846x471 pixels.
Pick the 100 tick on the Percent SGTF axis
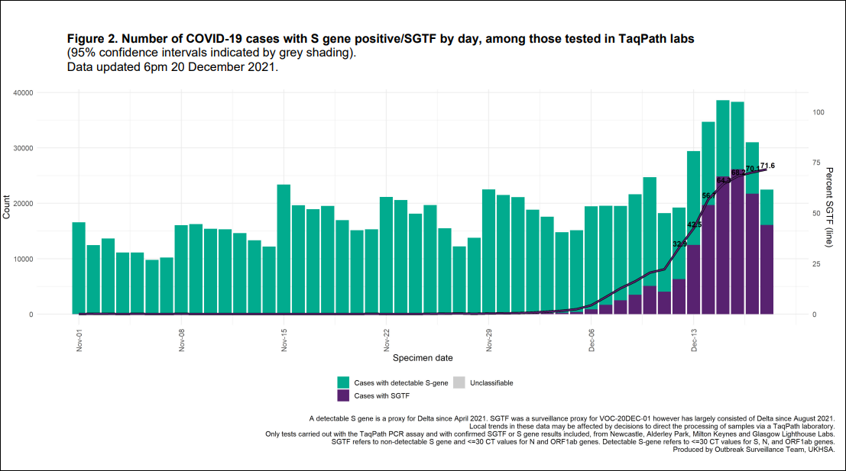(818, 112)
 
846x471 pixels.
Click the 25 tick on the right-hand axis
(817, 264)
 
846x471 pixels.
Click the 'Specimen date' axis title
(422, 357)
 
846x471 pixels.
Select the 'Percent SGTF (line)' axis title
(828, 203)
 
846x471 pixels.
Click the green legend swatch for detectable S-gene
(344, 382)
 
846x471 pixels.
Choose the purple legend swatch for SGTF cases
(344, 396)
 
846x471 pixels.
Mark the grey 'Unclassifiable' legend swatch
(459, 382)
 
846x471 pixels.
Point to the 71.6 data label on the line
(768, 166)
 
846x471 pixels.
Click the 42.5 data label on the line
(695, 225)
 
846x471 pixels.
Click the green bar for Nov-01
(79, 268)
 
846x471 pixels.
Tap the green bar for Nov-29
(488, 251)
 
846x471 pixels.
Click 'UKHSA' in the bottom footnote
(821, 450)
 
